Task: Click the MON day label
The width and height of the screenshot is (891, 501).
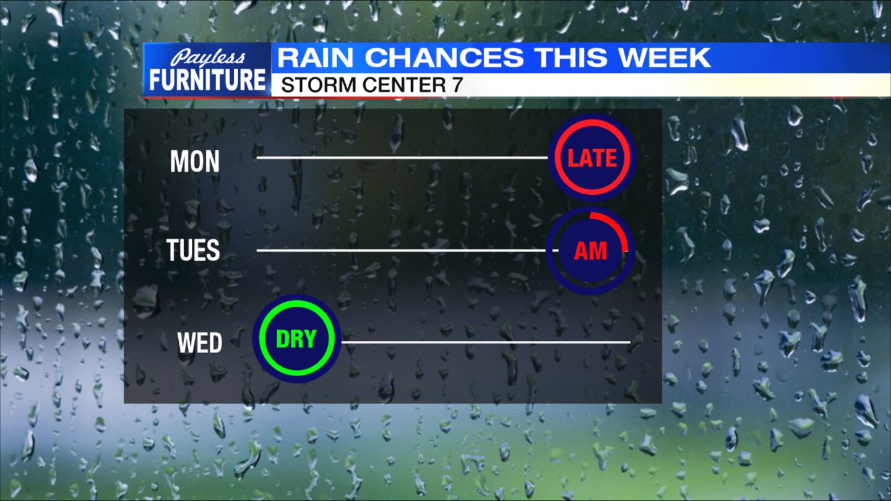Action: coord(194,161)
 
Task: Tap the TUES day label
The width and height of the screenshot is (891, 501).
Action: coord(193,250)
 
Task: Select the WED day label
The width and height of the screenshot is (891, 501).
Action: coord(199,343)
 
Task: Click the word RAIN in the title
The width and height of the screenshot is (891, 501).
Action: coord(316,58)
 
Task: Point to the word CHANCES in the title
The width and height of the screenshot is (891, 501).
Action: coord(444,58)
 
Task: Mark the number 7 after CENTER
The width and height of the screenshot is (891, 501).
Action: coord(457,85)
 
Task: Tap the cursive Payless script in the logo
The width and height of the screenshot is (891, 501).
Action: coord(207,58)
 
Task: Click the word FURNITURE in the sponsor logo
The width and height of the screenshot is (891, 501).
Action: coord(207,80)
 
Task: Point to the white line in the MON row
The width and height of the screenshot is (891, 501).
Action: coord(402,158)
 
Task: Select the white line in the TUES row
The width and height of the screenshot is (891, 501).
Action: coord(402,250)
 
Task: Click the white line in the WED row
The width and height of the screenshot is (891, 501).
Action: coord(486,342)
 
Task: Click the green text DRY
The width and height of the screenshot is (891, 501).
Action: coord(296,339)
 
